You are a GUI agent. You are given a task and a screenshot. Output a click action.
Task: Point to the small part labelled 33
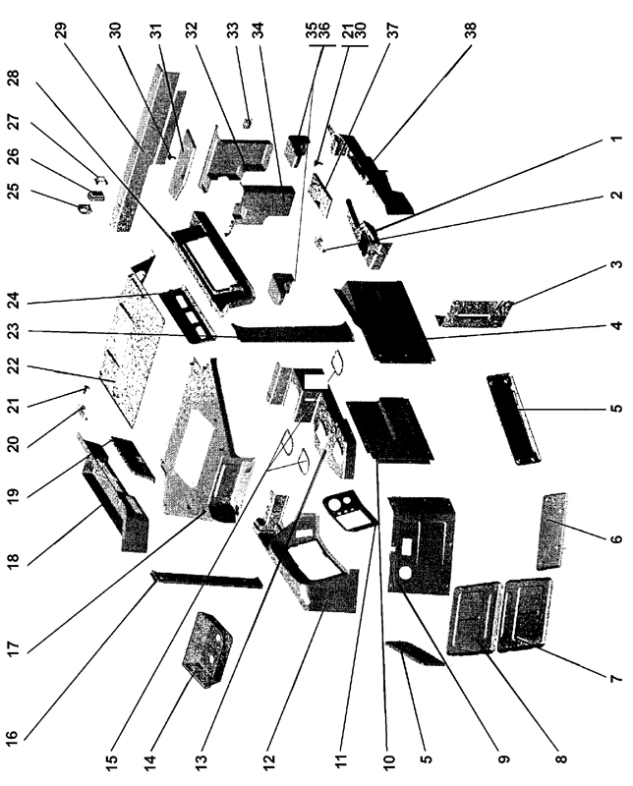click(x=247, y=124)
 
